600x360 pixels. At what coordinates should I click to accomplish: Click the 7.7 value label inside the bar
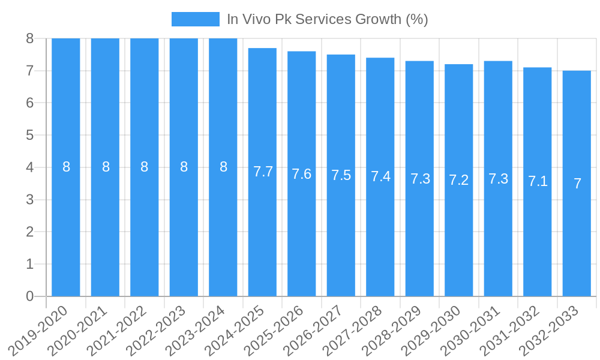tap(263, 172)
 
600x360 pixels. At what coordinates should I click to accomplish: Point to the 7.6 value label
tap(302, 174)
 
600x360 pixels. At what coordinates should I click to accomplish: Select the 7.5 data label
tap(341, 175)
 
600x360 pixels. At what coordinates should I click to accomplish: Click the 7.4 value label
tap(380, 176)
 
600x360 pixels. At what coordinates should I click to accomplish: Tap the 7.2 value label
tap(459, 180)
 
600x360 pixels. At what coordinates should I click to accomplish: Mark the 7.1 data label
tap(538, 181)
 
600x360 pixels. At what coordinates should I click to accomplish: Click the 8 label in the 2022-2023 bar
tap(184, 167)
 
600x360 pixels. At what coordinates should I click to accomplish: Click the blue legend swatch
tap(195, 19)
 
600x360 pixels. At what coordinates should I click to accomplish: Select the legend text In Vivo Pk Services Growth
tap(327, 19)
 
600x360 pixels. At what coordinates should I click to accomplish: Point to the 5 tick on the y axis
tap(30, 135)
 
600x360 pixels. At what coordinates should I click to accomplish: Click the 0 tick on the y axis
tap(30, 296)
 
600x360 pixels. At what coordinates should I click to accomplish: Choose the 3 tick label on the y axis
tap(30, 200)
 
